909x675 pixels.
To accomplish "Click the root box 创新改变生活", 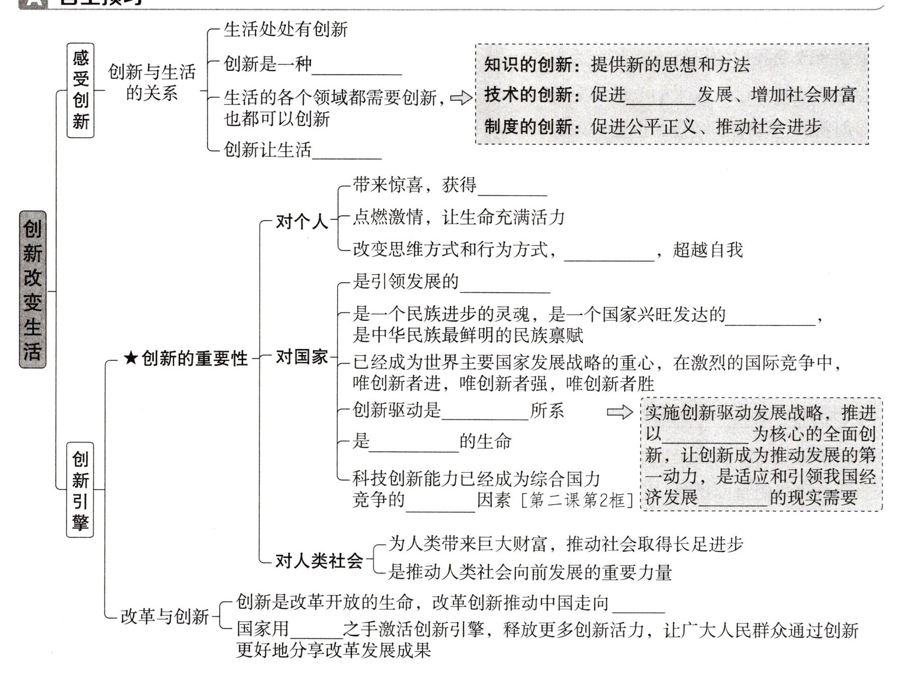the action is coord(32,289).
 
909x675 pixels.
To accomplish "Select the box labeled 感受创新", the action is coord(80,90).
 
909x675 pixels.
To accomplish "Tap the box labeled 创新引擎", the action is coord(80,490).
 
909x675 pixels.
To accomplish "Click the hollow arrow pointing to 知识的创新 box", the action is coord(461,97).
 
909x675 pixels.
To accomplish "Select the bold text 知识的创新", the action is coord(528,65).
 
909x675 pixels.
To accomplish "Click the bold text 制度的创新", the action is coord(528,126).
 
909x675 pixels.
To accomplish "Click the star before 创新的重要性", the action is coord(131,359).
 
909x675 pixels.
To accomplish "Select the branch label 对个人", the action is coord(302,221).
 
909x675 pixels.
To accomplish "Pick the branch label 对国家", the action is coord(302,357).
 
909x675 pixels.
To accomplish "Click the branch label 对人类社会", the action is coord(319,560).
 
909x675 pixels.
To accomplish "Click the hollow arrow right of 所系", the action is coord(619,412).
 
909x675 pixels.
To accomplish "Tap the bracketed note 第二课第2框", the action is coord(576,500).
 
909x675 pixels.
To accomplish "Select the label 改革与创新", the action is coord(164,616).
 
